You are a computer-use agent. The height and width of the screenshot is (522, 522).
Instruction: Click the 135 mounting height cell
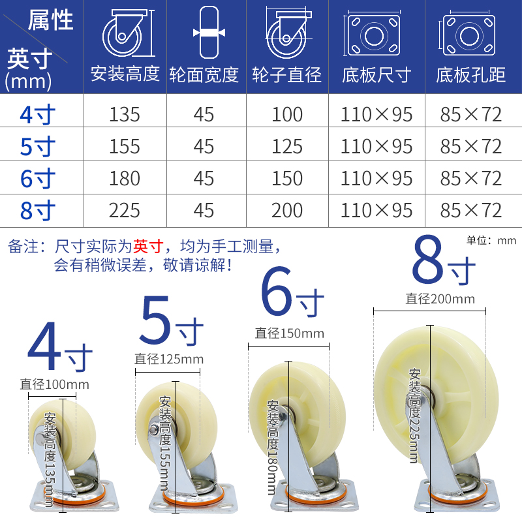tap(125, 115)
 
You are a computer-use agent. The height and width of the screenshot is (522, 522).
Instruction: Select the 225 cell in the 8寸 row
tap(125, 210)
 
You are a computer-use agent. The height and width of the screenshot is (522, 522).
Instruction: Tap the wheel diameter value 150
tap(287, 178)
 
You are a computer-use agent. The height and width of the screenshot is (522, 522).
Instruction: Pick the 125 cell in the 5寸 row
tap(287, 147)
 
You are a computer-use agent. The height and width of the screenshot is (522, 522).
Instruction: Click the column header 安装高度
tap(125, 74)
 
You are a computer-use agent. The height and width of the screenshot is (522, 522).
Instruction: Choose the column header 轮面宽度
tap(204, 74)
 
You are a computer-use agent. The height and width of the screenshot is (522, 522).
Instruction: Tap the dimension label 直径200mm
tap(440, 299)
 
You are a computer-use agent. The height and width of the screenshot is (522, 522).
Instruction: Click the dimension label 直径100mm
tap(54, 384)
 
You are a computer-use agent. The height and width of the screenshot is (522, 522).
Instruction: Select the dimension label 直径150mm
tap(289, 333)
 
